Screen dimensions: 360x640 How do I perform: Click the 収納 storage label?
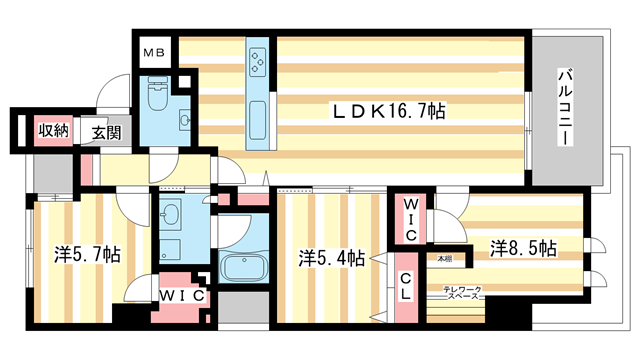coord(53,130)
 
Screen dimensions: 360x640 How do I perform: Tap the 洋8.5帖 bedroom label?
coord(522,246)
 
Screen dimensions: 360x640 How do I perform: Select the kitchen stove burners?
coord(257,59)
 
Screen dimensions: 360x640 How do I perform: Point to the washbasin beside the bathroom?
coord(171,213)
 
